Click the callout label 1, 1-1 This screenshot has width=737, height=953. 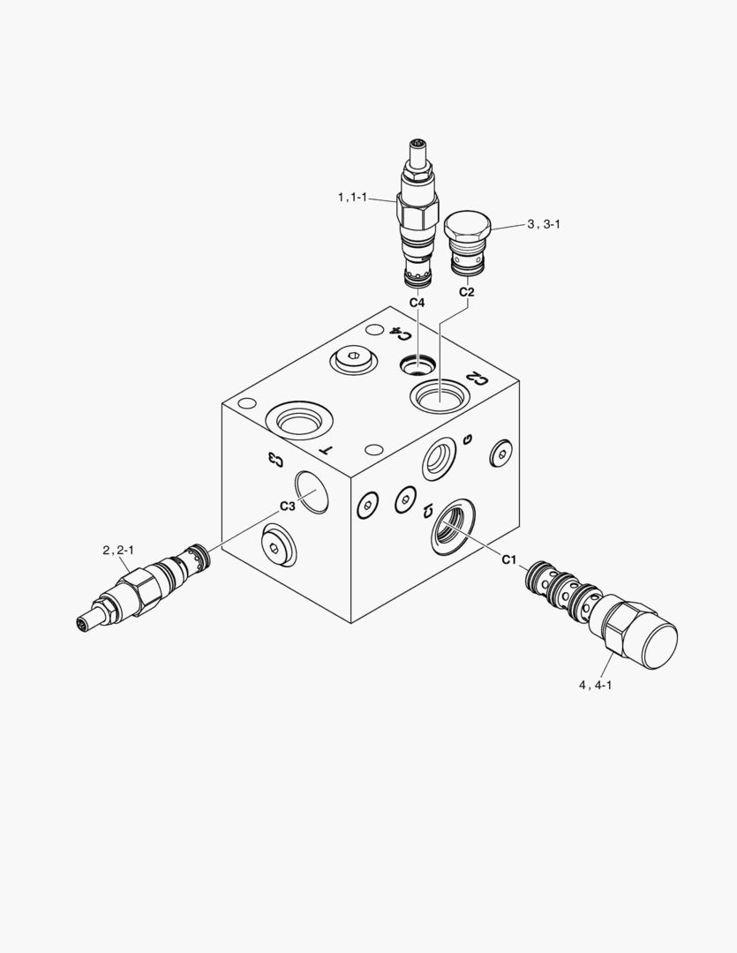tap(353, 199)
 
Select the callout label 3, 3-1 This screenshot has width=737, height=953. tap(544, 225)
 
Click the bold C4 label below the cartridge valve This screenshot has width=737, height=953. tap(417, 303)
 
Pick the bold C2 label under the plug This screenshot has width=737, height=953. tap(467, 292)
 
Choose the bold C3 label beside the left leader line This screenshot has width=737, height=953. tap(287, 506)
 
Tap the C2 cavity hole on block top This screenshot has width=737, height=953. tap(440, 393)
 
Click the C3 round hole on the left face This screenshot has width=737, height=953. tap(312, 491)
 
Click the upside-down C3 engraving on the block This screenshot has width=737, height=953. tap(275, 458)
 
